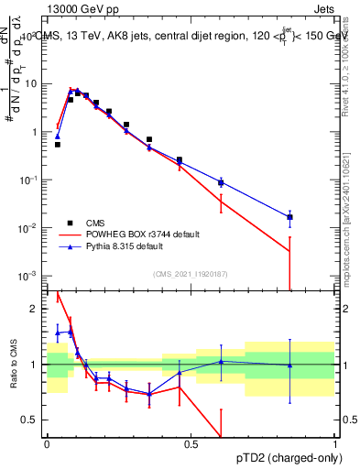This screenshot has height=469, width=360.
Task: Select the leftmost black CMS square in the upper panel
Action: click(x=58, y=145)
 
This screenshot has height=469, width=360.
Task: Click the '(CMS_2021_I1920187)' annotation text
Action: click(x=190, y=272)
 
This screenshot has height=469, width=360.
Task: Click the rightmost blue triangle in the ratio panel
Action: click(x=289, y=365)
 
